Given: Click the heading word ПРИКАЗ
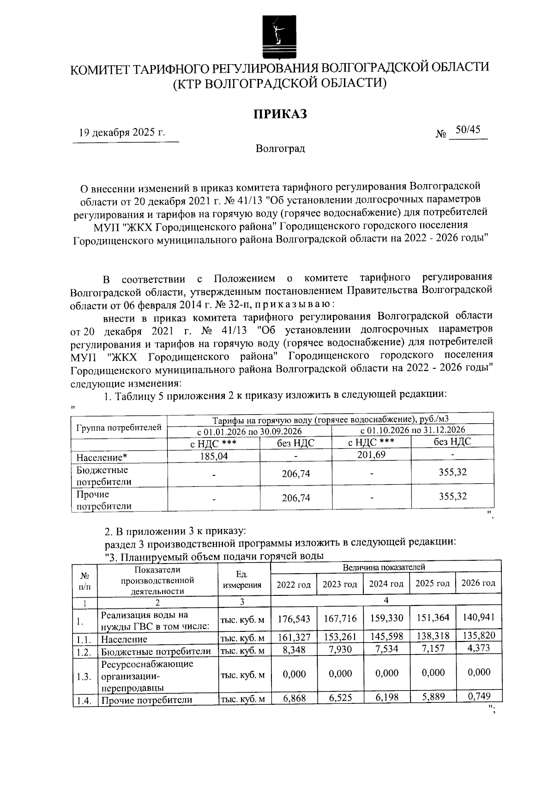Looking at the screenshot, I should coord(280,114).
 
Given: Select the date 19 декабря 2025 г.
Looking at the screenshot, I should coord(122,133).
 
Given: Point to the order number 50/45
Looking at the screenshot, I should coord(468,130).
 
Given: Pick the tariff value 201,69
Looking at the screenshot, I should coord(371,455).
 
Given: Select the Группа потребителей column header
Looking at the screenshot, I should coord(119,427).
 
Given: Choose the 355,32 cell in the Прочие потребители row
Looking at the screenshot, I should coord(452,497).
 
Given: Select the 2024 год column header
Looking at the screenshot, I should coord(386,584).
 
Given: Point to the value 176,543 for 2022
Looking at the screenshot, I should coord(294,618).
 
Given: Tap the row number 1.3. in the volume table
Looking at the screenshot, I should coord(84,677).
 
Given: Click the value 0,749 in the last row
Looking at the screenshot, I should coord(478,696).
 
